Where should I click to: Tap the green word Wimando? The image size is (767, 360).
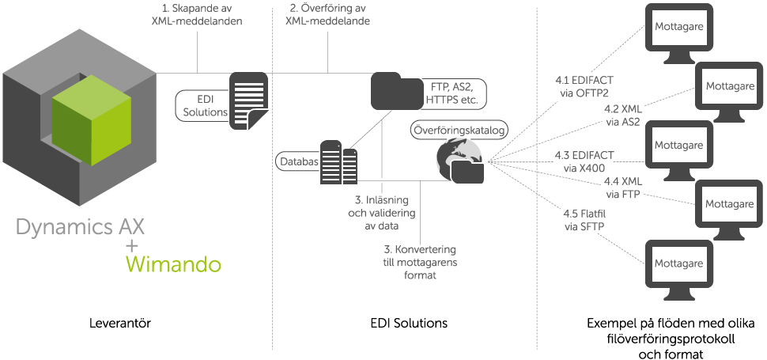point(174,263)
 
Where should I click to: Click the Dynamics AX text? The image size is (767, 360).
point(80,229)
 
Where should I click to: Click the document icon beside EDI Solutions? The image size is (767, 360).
point(247,98)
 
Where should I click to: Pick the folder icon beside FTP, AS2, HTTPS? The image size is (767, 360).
point(396,90)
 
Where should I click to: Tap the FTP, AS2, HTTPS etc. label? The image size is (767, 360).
point(454,93)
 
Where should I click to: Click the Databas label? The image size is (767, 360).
point(299,161)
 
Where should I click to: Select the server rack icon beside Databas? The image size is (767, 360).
point(338,162)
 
